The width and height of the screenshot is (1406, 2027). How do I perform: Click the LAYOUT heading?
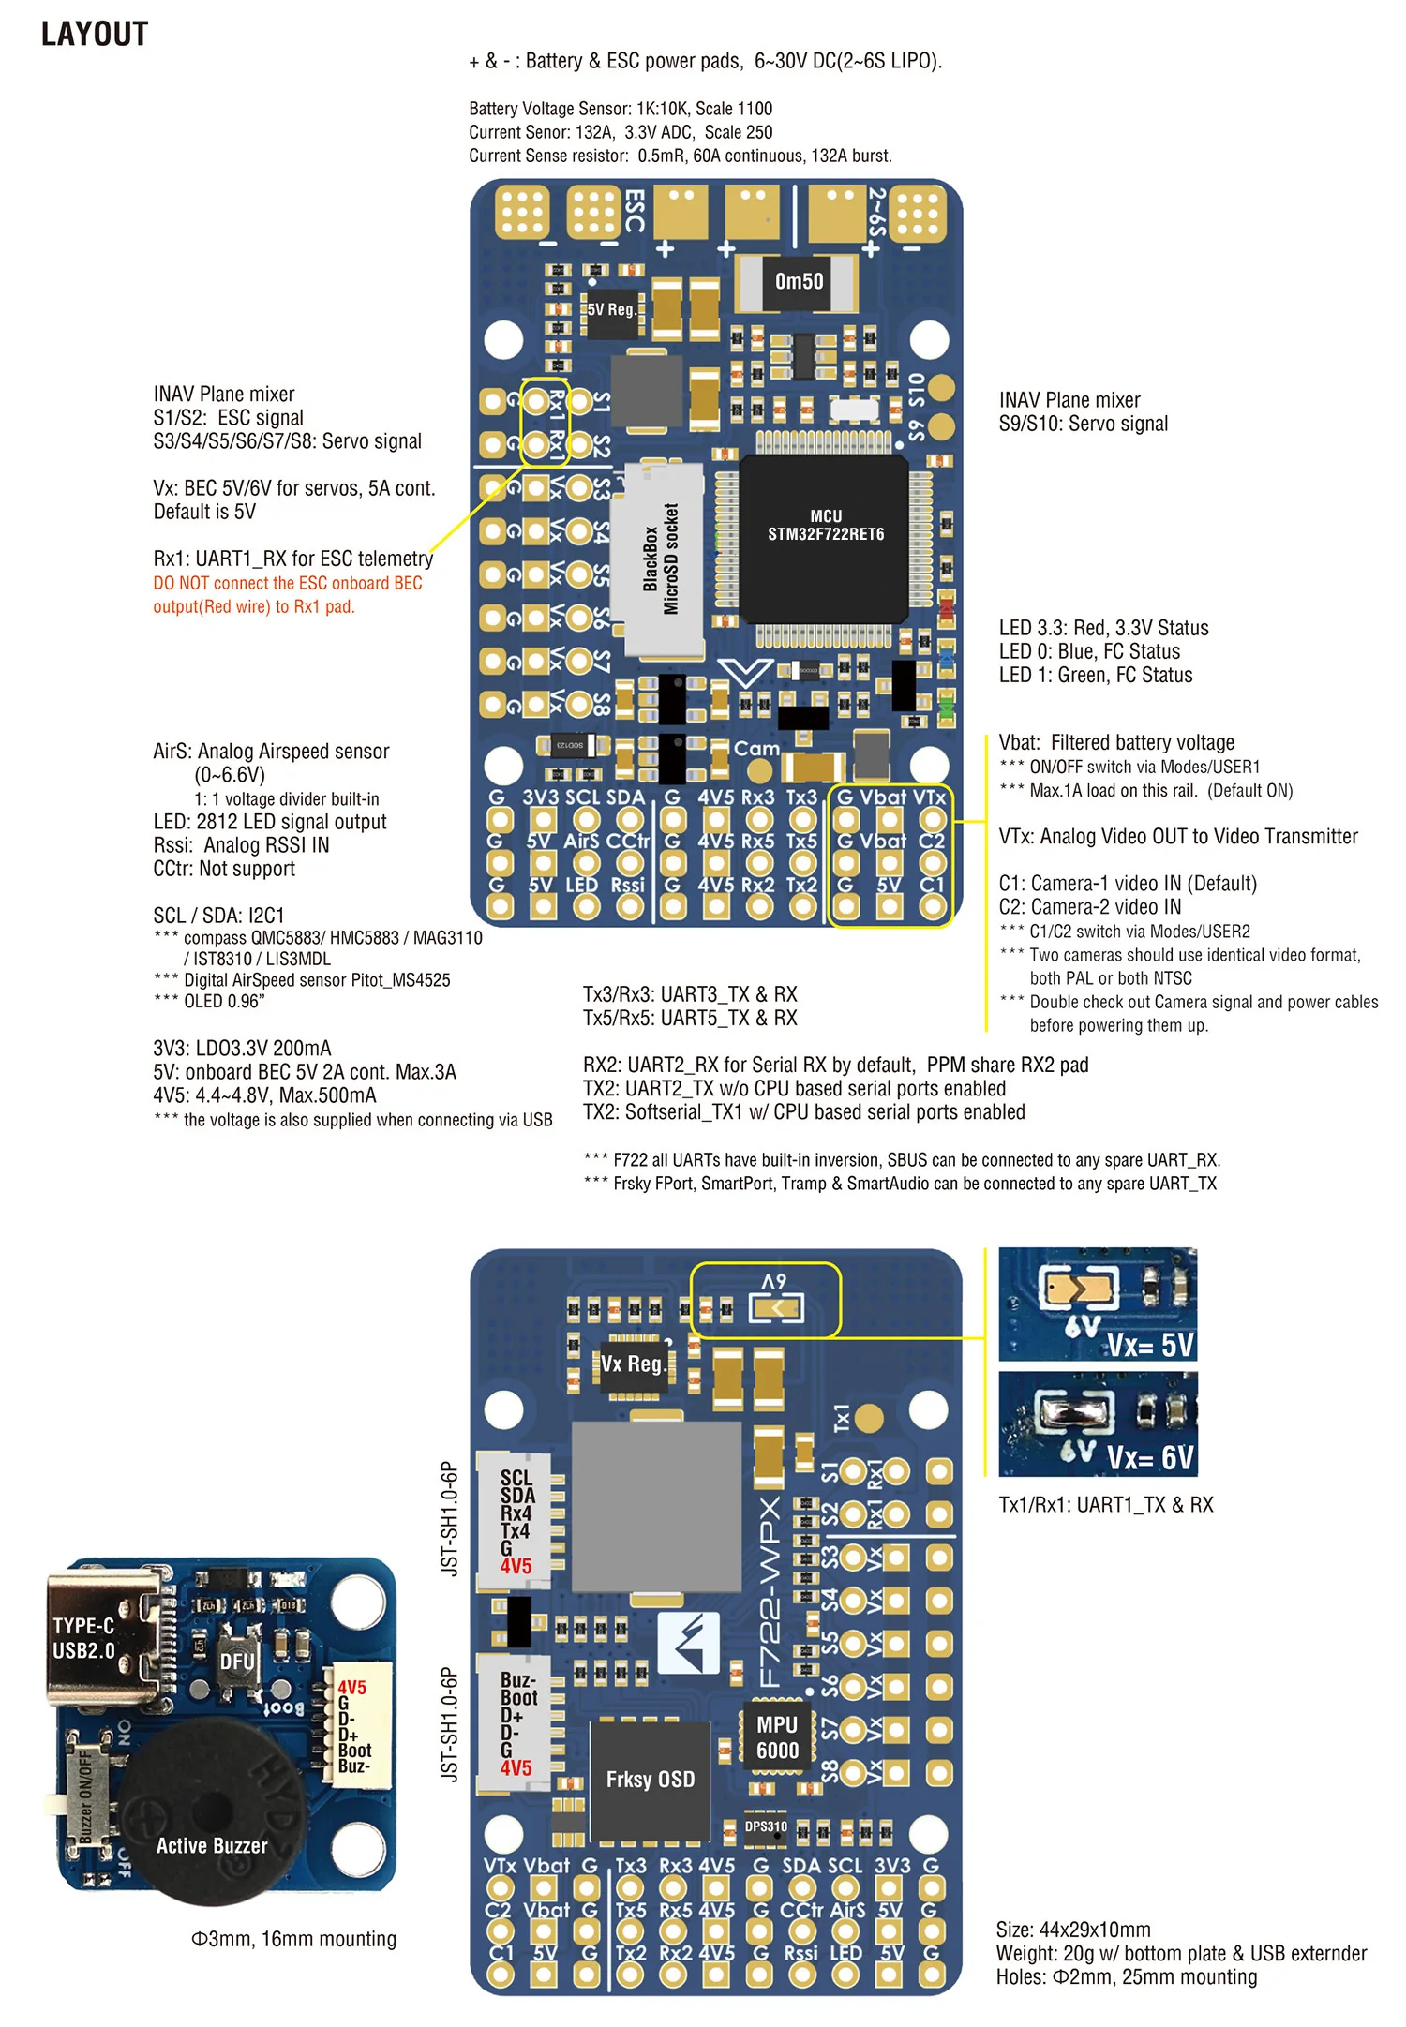tap(95, 35)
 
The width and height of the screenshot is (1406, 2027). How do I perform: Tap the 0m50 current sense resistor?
tap(799, 281)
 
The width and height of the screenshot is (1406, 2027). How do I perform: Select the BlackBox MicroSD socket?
tap(660, 559)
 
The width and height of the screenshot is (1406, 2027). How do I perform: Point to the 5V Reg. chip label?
tap(611, 309)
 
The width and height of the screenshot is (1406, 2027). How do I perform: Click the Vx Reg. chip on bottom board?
tap(633, 1364)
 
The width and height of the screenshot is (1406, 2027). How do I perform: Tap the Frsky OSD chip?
tap(650, 1780)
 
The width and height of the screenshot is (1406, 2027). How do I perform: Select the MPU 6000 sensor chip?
tap(777, 1737)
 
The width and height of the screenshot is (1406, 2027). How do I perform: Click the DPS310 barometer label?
tap(766, 1826)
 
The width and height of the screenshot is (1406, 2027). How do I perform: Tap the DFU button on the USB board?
tap(237, 1662)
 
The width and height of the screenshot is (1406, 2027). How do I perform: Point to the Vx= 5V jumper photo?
tap(1098, 1304)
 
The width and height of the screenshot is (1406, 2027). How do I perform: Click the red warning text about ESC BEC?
tap(288, 595)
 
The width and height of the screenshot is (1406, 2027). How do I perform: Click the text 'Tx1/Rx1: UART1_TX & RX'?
tap(1106, 1505)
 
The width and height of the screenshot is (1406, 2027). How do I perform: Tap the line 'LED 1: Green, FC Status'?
tap(1096, 676)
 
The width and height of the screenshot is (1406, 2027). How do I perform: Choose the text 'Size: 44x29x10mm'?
tap(1073, 1930)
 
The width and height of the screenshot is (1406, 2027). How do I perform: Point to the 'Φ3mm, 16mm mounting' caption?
tap(293, 1939)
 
